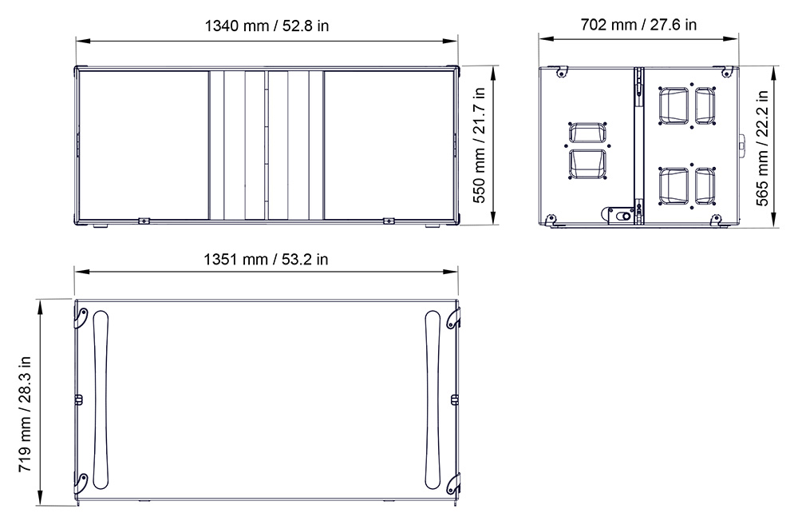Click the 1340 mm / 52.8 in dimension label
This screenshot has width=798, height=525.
(x=267, y=26)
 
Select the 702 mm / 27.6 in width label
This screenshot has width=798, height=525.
(x=638, y=25)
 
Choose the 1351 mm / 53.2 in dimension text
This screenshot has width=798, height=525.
(x=266, y=259)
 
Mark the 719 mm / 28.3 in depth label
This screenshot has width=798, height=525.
(x=26, y=403)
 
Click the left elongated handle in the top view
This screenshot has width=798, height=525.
(x=101, y=403)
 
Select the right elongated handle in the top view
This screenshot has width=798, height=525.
(x=433, y=403)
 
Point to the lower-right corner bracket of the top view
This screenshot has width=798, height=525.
(x=452, y=484)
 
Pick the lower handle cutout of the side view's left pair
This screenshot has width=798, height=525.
(x=587, y=163)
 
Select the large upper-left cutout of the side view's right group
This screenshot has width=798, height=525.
(x=673, y=105)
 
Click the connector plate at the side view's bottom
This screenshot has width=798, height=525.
(x=620, y=214)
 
